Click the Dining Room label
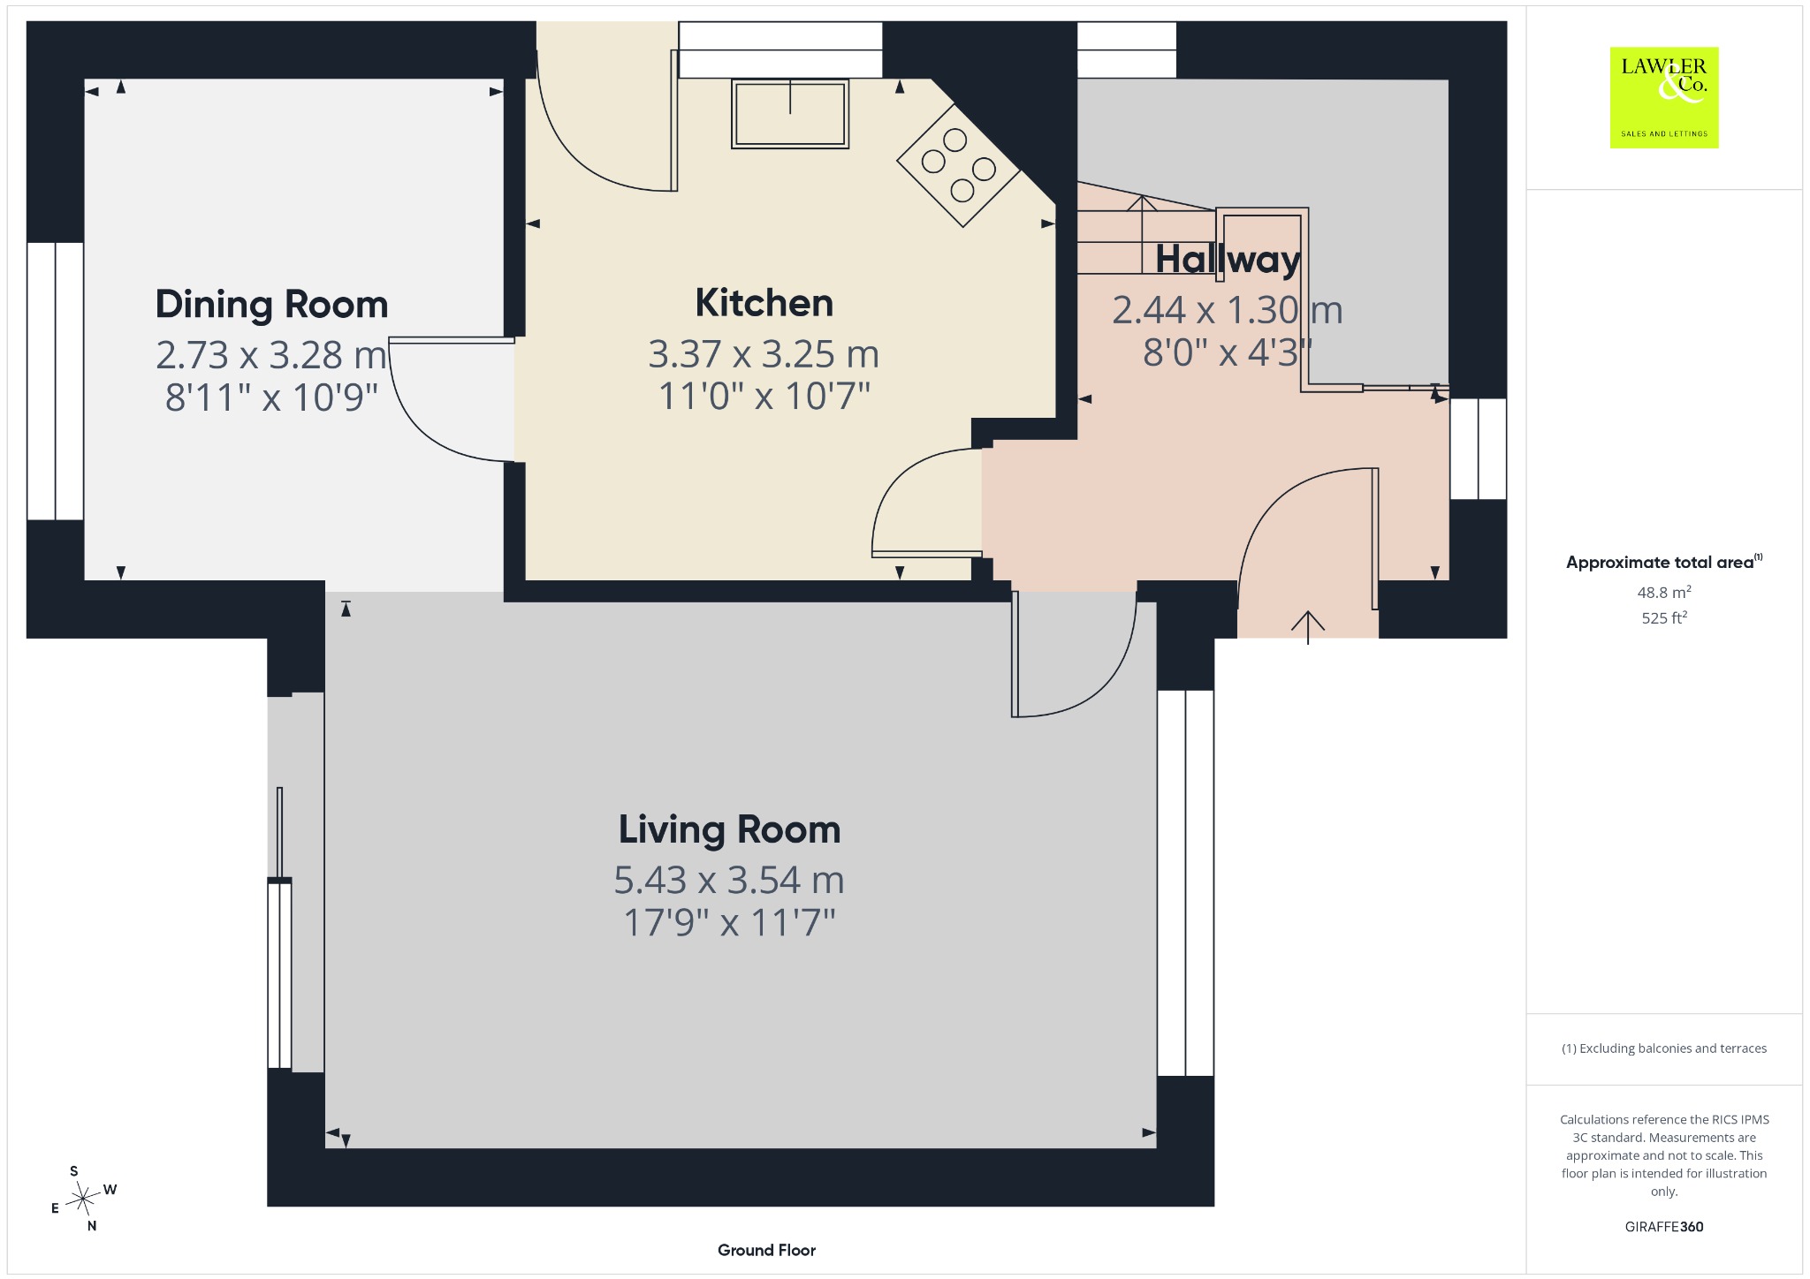272,305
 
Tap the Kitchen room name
764,303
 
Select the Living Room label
729,829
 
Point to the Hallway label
1228,260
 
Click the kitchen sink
790,114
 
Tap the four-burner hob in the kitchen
959,166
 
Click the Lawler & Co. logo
1664,98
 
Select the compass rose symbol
82,1199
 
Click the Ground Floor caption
766,1250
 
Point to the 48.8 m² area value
1664,593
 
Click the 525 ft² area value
1664,617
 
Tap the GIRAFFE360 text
1664,1227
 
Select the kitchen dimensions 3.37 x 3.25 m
764,354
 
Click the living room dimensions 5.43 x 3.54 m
729,880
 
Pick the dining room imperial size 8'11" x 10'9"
272,397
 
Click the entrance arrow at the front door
1308,628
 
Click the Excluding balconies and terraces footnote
1664,1048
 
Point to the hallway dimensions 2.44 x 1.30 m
1228,310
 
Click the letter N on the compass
92,1226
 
